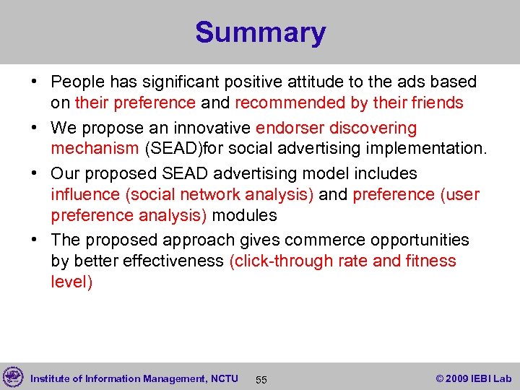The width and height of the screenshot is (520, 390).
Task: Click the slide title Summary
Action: click(x=260, y=33)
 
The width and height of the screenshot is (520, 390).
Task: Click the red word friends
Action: click(x=437, y=103)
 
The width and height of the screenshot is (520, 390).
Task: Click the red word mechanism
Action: click(x=94, y=149)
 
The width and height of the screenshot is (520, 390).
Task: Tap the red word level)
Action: click(x=71, y=281)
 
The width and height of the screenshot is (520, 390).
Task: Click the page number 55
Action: click(x=261, y=379)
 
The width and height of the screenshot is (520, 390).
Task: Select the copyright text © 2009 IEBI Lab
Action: click(x=473, y=378)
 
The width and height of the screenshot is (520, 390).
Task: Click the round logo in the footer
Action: click(x=12, y=377)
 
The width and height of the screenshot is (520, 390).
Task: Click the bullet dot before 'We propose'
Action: click(x=35, y=129)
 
